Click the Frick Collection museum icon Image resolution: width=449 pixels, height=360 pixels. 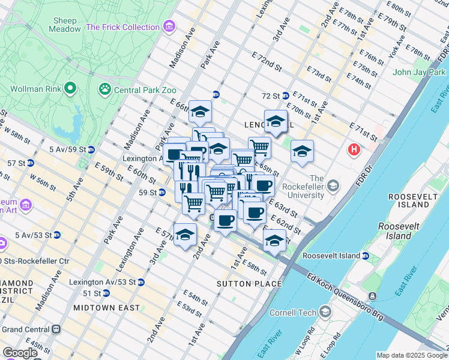click(x=170, y=27)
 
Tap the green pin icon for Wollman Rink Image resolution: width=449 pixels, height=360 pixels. click(x=70, y=89)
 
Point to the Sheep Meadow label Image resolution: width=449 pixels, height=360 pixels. click(x=65, y=24)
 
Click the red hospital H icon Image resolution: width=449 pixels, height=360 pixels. click(x=355, y=149)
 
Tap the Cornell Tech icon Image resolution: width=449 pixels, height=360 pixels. click(x=325, y=311)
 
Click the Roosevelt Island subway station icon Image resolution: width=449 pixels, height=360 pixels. click(x=365, y=256)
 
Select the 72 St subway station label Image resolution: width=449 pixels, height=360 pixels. click(x=271, y=96)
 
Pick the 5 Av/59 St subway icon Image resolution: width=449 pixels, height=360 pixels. click(x=91, y=149)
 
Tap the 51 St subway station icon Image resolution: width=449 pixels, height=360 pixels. click(x=106, y=293)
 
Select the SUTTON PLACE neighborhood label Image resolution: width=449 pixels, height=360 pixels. click(x=249, y=284)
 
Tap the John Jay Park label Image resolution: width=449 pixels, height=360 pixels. click(x=418, y=73)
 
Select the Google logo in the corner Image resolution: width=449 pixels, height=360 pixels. click(x=20, y=353)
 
